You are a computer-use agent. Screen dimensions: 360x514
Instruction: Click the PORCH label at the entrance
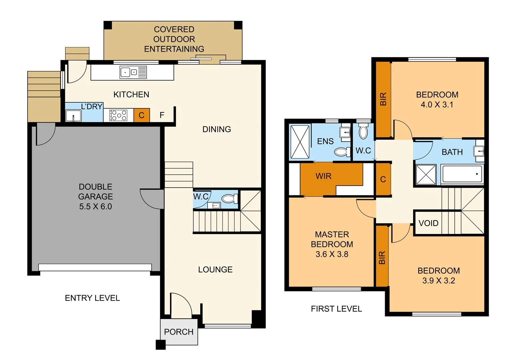click(x=179, y=332)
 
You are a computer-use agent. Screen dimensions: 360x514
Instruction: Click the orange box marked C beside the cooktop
click(x=142, y=115)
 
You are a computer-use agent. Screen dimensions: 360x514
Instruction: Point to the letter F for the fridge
click(x=162, y=115)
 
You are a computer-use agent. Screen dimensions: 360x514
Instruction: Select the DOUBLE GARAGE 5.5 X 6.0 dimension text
click(x=95, y=206)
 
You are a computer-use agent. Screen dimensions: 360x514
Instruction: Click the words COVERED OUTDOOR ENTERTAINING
click(x=174, y=39)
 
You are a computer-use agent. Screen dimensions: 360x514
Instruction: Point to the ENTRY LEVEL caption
click(x=92, y=298)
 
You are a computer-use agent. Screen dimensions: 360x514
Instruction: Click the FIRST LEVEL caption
click(x=336, y=309)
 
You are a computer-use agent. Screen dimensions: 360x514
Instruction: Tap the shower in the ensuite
click(x=300, y=141)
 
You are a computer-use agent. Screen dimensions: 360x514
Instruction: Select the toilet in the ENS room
click(x=341, y=152)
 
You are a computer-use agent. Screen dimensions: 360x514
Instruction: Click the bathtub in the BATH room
click(x=462, y=174)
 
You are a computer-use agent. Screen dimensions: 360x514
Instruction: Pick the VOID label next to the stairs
click(x=428, y=223)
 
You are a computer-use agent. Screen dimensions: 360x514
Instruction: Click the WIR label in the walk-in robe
click(x=323, y=176)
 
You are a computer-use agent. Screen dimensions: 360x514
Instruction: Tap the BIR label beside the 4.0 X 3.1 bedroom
click(x=383, y=99)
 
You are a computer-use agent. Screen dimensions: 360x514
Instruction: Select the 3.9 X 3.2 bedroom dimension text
click(x=438, y=280)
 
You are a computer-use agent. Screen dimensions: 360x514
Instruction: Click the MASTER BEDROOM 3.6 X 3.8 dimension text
click(x=332, y=254)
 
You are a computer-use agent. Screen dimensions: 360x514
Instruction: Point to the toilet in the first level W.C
click(x=363, y=132)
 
